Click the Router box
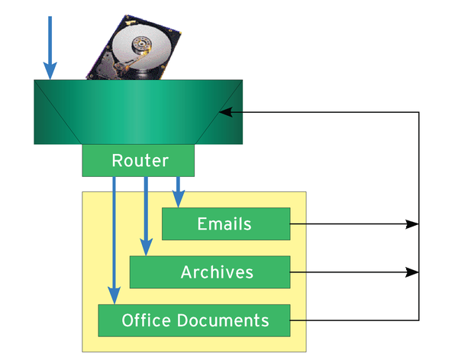(x=138, y=160)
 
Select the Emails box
(x=226, y=223)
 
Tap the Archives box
(x=210, y=272)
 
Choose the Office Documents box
(x=195, y=320)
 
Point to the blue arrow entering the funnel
(x=50, y=46)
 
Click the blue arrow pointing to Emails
(x=179, y=191)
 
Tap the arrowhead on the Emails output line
(x=413, y=224)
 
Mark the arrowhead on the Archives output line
(x=413, y=272)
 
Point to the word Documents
(x=231, y=320)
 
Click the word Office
(x=145, y=320)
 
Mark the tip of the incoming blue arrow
(x=50, y=76)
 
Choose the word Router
(x=139, y=160)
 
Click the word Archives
(x=217, y=272)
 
